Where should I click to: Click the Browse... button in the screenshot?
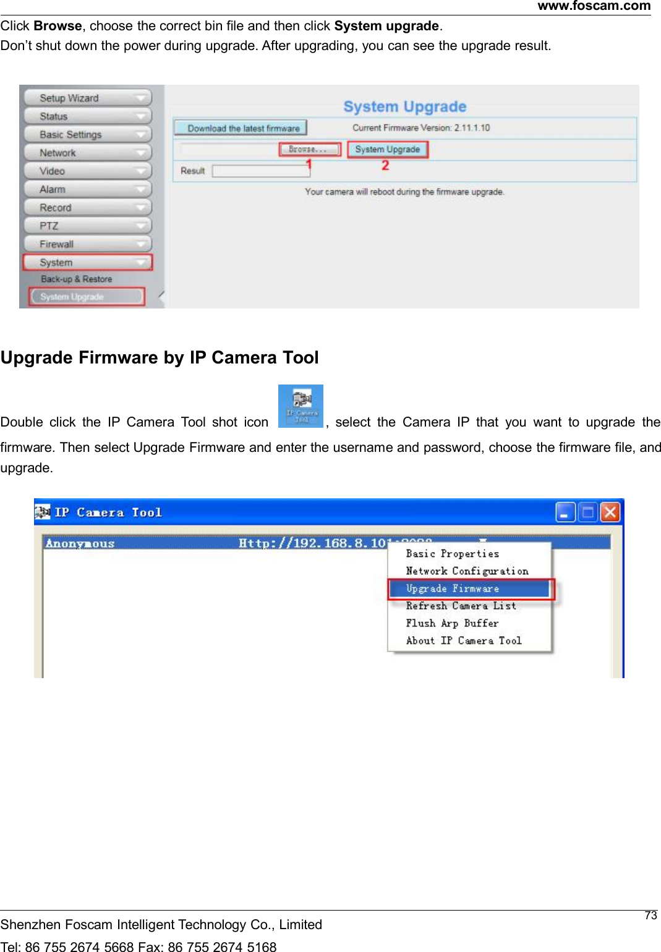(x=309, y=150)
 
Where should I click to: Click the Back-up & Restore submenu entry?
(x=77, y=279)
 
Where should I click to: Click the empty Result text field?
(x=260, y=171)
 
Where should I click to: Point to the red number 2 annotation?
(x=385, y=166)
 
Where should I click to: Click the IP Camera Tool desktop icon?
(x=301, y=406)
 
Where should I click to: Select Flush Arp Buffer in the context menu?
(x=452, y=623)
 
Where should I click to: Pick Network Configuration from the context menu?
(x=467, y=571)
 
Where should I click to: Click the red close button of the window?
(x=610, y=512)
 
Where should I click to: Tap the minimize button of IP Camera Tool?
(x=565, y=512)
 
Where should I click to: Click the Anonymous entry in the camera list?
(x=80, y=544)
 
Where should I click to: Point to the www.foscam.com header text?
(x=594, y=6)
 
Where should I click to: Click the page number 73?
(x=650, y=916)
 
